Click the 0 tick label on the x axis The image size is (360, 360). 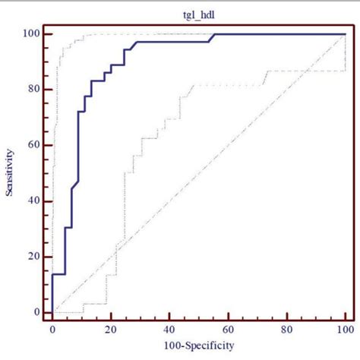pyautogui.click(x=52, y=330)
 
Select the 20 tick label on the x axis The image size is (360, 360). pyautogui.click(x=111, y=330)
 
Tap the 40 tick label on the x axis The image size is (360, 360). pyautogui.click(x=169, y=330)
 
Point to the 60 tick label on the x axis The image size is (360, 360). pyautogui.click(x=228, y=330)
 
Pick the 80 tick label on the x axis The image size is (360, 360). pyautogui.click(x=286, y=330)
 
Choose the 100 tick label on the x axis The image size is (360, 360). pyautogui.click(x=344, y=330)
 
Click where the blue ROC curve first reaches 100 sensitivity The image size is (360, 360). pyautogui.click(x=213, y=34)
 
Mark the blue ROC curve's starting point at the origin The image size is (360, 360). pyautogui.click(x=52, y=312)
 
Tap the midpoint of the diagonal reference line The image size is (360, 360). pyautogui.click(x=198, y=173)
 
